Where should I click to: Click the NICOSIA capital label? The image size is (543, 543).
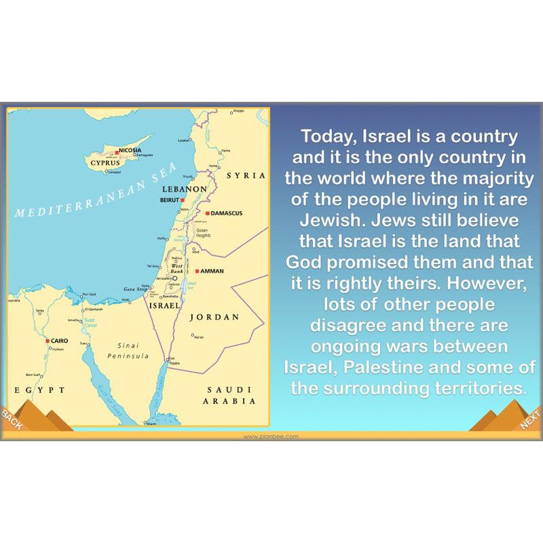click(130, 149)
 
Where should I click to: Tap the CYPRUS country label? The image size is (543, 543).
click(105, 164)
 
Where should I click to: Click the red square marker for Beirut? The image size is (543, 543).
click(183, 200)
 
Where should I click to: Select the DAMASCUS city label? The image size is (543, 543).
click(227, 213)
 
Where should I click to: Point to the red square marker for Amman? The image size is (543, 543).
click(197, 271)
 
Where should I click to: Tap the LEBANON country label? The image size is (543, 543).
click(184, 189)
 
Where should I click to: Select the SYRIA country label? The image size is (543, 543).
click(245, 175)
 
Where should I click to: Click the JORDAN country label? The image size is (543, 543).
click(214, 317)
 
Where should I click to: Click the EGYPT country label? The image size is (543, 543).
click(39, 390)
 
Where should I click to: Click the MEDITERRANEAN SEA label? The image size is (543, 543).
click(95, 192)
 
